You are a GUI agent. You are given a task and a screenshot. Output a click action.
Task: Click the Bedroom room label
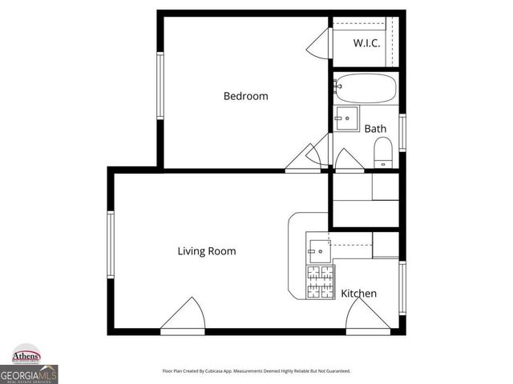click(245, 96)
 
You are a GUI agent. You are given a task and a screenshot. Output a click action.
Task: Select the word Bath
click(375, 128)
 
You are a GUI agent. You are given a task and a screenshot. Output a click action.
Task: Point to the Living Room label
click(207, 250)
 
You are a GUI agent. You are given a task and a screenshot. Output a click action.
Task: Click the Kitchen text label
click(358, 294)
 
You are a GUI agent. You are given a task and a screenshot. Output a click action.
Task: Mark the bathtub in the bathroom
click(365, 86)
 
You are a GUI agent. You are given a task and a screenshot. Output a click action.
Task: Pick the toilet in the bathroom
click(383, 151)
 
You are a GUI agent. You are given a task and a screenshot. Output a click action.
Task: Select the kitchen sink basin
click(318, 250)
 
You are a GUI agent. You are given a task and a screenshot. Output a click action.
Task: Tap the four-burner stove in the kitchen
click(320, 282)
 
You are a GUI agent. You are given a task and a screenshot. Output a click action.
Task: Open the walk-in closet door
click(319, 43)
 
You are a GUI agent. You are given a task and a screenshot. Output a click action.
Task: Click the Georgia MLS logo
click(29, 374)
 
